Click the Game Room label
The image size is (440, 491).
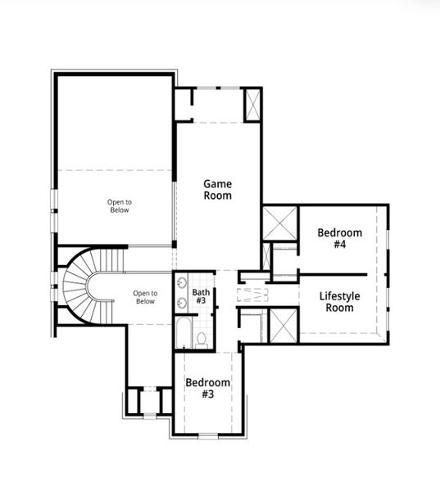click(x=217, y=190)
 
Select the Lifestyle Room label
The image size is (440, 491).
click(x=337, y=302)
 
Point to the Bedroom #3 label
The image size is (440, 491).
click(x=207, y=388)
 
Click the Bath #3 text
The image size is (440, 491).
click(x=201, y=296)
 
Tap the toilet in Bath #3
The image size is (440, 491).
click(x=202, y=338)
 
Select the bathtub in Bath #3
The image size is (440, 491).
click(x=183, y=334)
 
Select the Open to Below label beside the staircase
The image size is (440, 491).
click(x=144, y=296)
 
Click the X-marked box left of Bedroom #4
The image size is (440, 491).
click(x=279, y=223)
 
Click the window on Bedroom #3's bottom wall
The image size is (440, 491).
click(x=208, y=435)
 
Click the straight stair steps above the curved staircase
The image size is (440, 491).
click(x=115, y=259)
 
